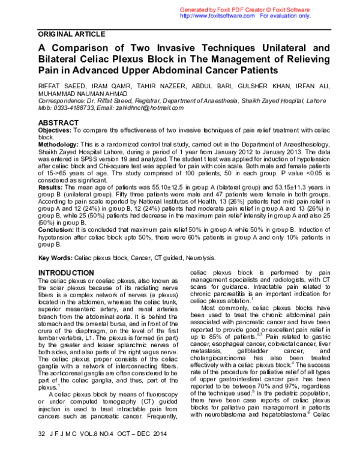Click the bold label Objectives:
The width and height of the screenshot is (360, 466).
click(58, 130)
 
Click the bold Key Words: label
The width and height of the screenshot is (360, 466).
click(56, 258)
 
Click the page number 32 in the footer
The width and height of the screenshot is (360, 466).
click(41, 450)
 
